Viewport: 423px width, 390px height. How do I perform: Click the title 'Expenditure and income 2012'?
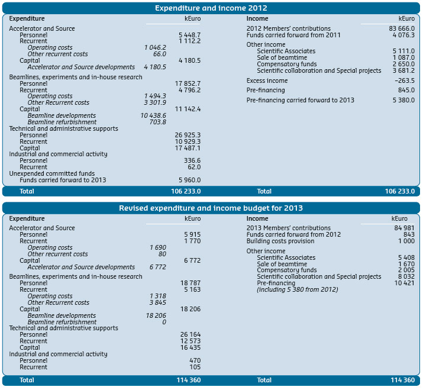pos(211,8)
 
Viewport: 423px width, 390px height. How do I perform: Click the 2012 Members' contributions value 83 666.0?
pos(402,28)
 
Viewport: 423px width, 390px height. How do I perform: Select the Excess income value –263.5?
pos(404,80)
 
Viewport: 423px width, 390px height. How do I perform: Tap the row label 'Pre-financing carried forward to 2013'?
pos(300,100)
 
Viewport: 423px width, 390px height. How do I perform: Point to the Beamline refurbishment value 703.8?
pos(157,122)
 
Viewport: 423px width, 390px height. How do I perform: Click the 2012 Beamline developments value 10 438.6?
pos(153,115)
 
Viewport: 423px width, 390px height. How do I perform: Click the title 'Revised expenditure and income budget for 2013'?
pos(211,208)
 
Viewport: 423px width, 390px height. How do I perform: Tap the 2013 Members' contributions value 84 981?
pos(404,228)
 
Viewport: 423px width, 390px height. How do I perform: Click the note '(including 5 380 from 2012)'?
pos(297,289)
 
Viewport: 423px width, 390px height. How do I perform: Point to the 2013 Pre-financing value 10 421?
pos(404,283)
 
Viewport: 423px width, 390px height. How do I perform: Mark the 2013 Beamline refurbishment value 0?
pos(164,322)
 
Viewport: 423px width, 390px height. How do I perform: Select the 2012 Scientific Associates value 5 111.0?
pos(403,51)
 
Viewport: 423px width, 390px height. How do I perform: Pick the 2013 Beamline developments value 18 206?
pos(156,315)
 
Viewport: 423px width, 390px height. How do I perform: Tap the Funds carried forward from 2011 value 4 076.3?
pos(403,35)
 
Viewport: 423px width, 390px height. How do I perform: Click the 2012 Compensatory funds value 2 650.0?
pos(403,64)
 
